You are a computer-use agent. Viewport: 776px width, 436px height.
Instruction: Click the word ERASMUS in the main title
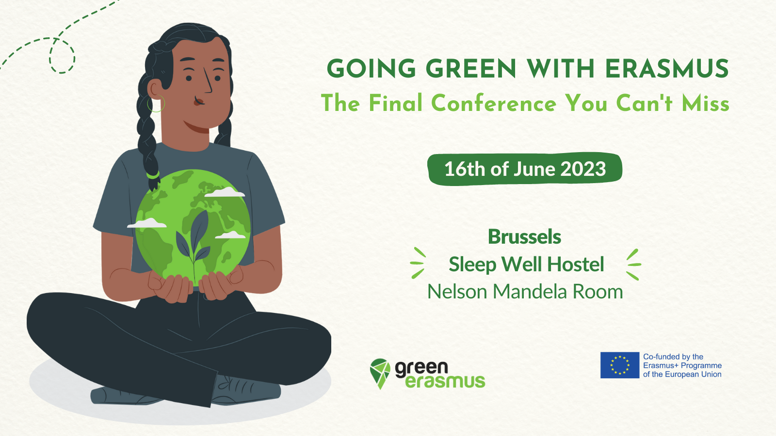(667, 68)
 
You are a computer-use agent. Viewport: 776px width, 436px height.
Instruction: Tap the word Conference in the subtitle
(494, 103)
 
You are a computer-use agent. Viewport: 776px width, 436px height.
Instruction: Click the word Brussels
(524, 237)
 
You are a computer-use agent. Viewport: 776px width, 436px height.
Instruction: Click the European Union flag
(620, 365)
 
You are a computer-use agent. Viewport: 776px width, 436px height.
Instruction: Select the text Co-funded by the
(673, 357)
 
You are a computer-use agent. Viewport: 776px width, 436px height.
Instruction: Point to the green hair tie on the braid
(152, 175)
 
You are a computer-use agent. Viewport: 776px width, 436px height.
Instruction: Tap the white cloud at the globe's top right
(225, 192)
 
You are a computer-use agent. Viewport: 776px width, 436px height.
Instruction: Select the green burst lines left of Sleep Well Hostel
(418, 263)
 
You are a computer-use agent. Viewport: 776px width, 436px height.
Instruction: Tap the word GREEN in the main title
(471, 68)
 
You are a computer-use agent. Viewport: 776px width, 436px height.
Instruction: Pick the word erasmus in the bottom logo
(445, 381)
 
